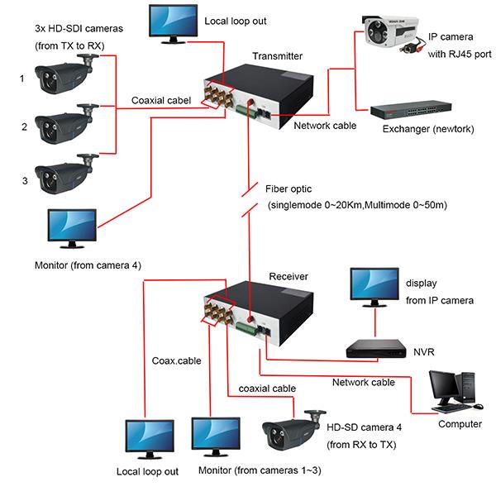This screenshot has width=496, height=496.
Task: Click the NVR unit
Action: (376, 348)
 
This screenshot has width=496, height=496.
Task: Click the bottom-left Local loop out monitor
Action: (150, 439)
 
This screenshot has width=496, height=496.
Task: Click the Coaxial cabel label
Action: (160, 100)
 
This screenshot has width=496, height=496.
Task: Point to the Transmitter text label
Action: (277, 56)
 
